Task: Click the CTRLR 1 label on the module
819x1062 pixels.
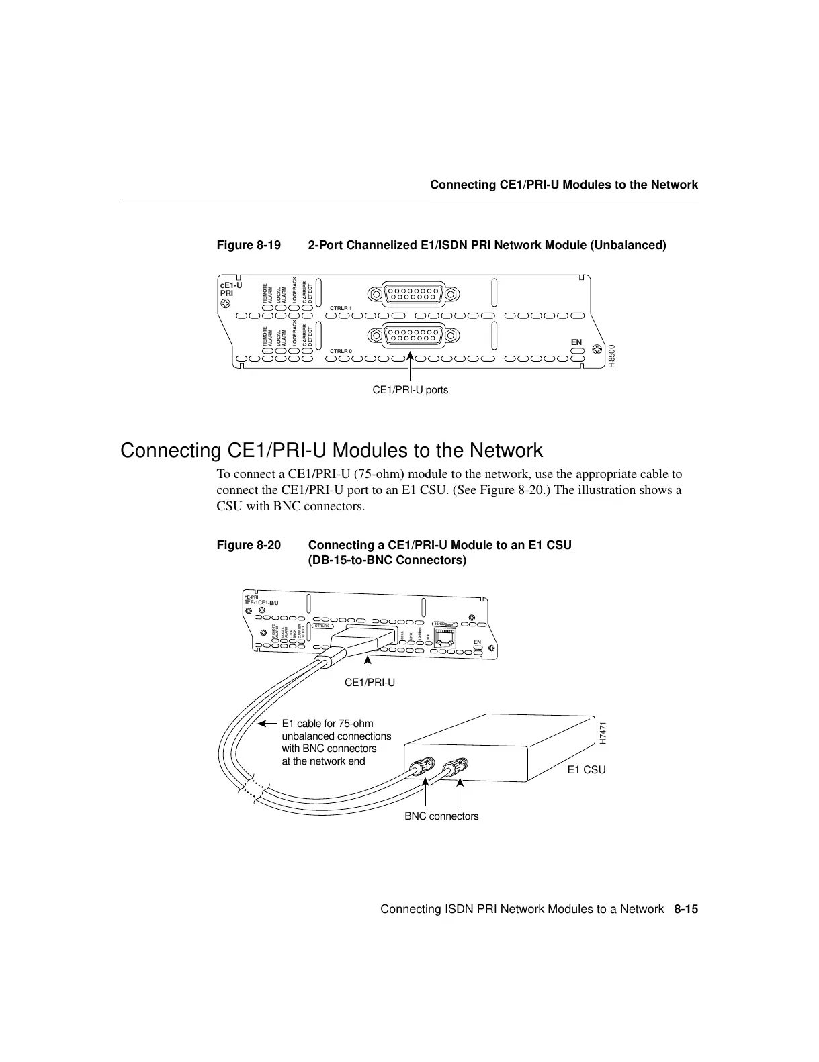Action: (x=341, y=307)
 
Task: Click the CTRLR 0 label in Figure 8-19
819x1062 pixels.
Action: (x=341, y=351)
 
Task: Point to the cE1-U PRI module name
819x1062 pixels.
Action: (x=231, y=289)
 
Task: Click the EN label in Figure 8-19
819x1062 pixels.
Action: (x=576, y=342)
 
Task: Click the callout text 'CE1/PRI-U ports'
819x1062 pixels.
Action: (x=410, y=390)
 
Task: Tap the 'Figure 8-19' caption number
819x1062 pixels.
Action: (x=249, y=245)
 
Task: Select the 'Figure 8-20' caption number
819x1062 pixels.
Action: (x=249, y=545)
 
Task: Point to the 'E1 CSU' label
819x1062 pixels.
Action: (x=586, y=770)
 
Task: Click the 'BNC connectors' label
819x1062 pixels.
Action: (x=441, y=817)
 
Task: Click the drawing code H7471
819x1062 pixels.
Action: (x=603, y=733)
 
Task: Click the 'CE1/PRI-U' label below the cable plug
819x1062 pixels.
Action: (x=370, y=683)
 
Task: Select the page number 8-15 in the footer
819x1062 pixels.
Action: (x=686, y=910)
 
